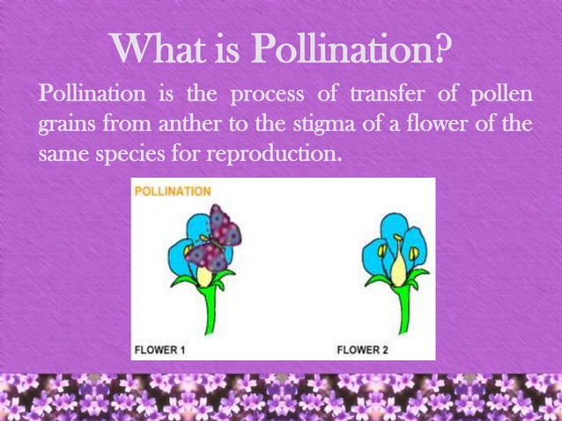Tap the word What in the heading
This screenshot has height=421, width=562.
point(162,50)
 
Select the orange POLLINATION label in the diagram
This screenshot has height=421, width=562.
point(172,190)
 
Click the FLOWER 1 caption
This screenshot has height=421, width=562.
point(159,350)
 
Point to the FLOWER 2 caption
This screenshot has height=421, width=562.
point(364,350)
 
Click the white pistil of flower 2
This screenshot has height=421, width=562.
point(397,263)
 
